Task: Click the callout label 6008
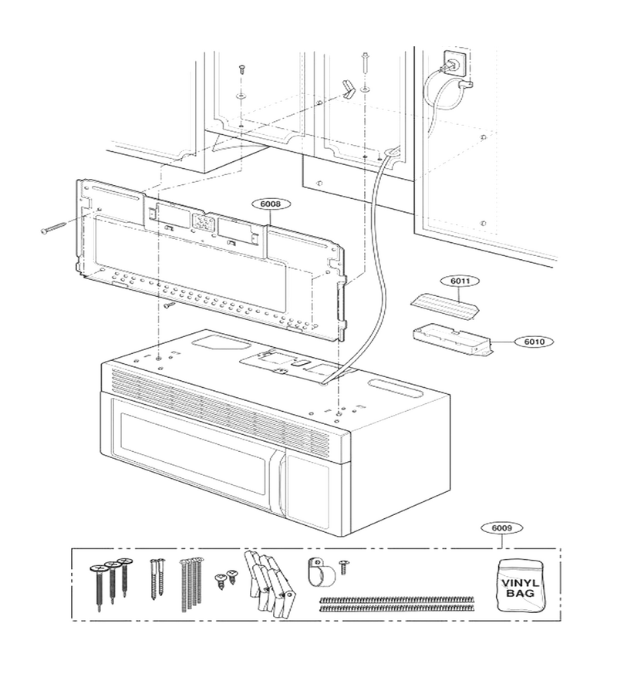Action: pyautogui.click(x=270, y=204)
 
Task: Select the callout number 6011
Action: pyautogui.click(x=460, y=281)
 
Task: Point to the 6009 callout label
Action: pyautogui.click(x=502, y=528)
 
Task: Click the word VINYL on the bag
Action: pyautogui.click(x=520, y=583)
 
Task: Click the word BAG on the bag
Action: pyautogui.click(x=520, y=593)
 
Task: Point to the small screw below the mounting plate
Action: pyautogui.click(x=169, y=305)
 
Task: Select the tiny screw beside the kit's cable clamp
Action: pyautogui.click(x=344, y=567)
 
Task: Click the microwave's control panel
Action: pyautogui.click(x=308, y=486)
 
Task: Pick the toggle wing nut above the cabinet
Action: pyautogui.click(x=349, y=88)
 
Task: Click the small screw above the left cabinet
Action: pyautogui.click(x=241, y=69)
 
